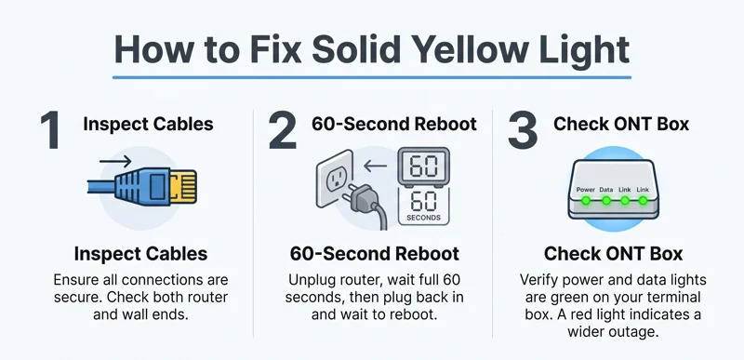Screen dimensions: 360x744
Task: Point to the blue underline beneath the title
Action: pyautogui.click(x=372, y=77)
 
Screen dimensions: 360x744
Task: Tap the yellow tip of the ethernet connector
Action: pyautogui.click(x=184, y=186)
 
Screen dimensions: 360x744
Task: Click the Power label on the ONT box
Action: pyautogui.click(x=585, y=188)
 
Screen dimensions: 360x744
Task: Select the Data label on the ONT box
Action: pyautogui.click(x=605, y=188)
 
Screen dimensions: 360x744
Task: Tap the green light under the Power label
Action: pyautogui.click(x=586, y=199)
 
